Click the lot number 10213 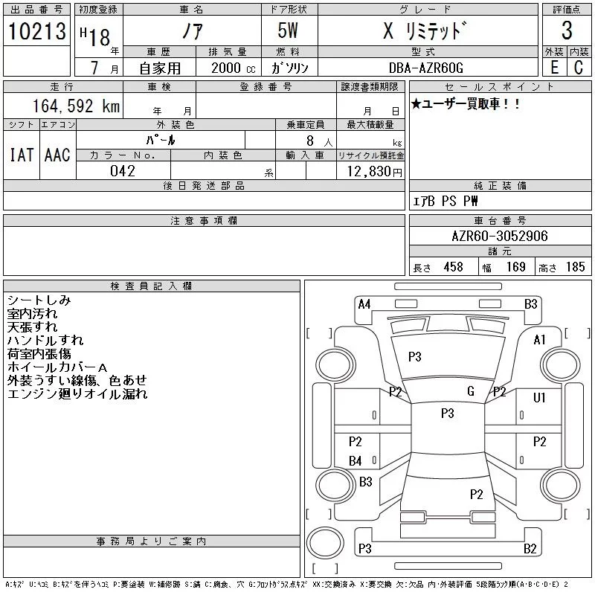(x=37, y=31)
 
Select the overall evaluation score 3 (x=567, y=30)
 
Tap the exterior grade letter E (x=554, y=67)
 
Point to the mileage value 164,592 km (x=77, y=106)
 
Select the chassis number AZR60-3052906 (x=500, y=237)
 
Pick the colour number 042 (x=123, y=171)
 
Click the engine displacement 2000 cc (x=232, y=68)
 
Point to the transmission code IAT (x=22, y=155)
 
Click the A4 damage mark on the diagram (x=364, y=303)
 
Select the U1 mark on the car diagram (x=540, y=398)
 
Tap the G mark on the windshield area (x=470, y=391)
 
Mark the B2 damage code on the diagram (x=530, y=550)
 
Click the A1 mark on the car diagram (x=540, y=340)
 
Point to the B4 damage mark (x=356, y=461)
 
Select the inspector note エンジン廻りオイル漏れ (x=77, y=394)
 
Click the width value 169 (x=516, y=267)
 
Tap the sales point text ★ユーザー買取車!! (x=466, y=105)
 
